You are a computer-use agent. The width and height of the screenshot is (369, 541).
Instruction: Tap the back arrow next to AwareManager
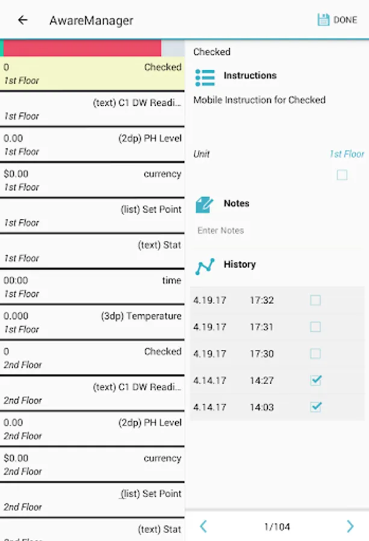pos(23,20)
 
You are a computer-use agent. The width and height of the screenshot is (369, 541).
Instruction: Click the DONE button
pos(337,20)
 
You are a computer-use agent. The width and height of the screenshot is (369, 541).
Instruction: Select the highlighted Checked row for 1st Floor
pos(92,73)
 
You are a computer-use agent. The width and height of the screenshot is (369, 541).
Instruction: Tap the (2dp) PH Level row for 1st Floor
pos(92,144)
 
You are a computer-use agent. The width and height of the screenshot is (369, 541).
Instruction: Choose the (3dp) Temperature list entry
pos(92,322)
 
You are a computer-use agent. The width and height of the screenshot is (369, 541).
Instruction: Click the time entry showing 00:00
pos(92,287)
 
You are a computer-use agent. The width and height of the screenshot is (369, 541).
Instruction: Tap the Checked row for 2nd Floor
pos(92,358)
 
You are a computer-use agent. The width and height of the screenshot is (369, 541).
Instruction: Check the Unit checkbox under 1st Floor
pos(342,175)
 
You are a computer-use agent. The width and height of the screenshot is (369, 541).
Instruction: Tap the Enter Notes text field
pos(277,230)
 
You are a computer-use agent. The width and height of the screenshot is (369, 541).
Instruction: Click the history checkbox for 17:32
pos(315,300)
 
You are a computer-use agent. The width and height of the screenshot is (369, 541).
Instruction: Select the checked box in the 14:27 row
pos(315,380)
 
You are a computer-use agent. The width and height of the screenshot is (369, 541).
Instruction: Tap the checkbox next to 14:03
pos(315,407)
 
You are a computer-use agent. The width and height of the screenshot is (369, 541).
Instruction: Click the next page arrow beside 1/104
pos(350,527)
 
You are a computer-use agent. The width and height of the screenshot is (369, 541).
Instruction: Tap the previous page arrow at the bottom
pos(203,527)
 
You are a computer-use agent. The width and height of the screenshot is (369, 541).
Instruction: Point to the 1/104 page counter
pos(277,527)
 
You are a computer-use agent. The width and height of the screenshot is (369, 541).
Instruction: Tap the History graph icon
pos(205,266)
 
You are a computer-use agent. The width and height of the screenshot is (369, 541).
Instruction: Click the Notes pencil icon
pos(205,204)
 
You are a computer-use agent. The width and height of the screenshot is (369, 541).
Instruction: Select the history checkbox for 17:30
pos(315,353)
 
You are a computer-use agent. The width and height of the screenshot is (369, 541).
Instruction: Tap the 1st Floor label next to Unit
pos(347,154)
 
